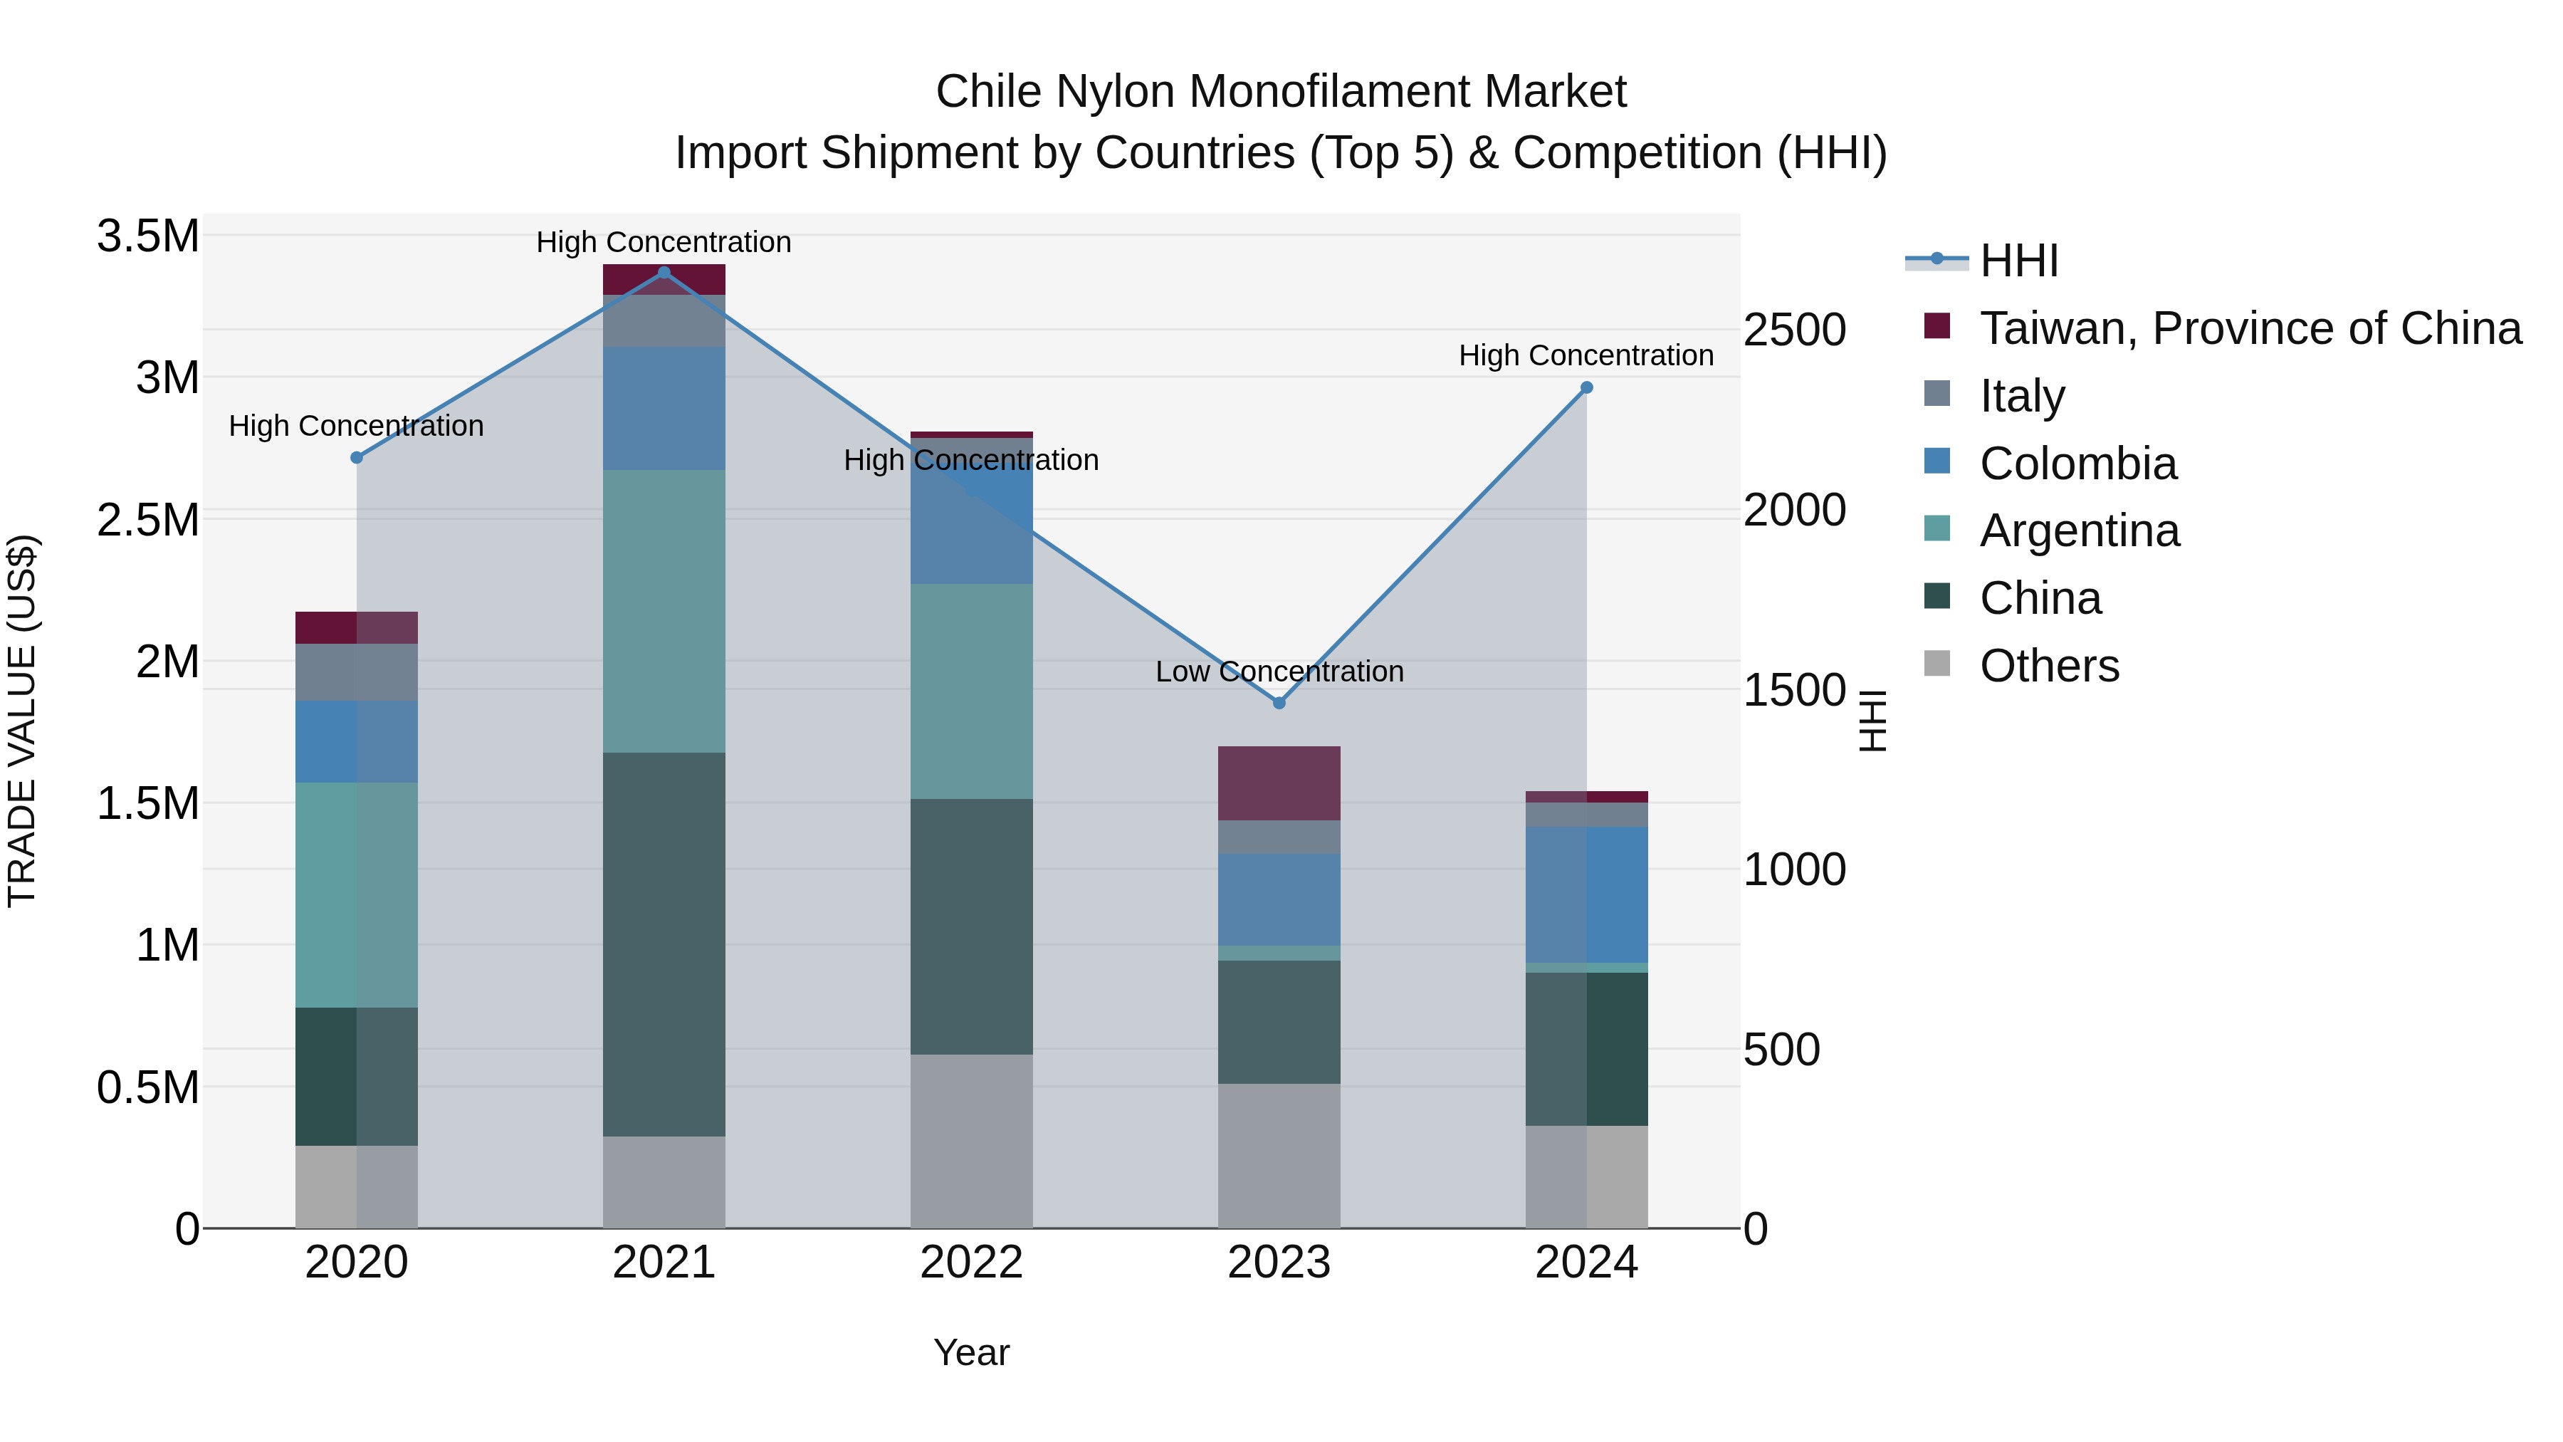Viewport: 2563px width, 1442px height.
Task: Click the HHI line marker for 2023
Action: (1279, 703)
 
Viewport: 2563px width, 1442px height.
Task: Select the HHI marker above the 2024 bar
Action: (1587, 388)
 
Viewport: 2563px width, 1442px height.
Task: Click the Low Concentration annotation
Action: (1279, 672)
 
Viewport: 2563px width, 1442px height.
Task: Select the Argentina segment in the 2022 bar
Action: (972, 691)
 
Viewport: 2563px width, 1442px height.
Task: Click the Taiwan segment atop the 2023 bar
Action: (1279, 783)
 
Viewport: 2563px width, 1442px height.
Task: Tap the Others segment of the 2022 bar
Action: (972, 1141)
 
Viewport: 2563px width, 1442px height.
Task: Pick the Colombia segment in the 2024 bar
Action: (1587, 894)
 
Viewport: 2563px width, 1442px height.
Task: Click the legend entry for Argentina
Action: (2080, 531)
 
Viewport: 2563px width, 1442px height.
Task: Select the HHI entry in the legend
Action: (2019, 261)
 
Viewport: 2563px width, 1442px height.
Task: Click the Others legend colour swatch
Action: (1937, 664)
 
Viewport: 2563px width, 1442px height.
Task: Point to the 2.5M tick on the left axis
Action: (147, 521)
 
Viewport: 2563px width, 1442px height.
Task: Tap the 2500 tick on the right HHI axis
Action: (1795, 330)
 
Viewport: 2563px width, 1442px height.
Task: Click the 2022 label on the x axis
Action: (972, 1263)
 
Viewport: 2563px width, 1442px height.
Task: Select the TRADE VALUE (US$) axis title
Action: (22, 721)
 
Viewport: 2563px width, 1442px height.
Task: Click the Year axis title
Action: (972, 1352)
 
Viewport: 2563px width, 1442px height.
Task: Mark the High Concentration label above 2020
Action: (356, 426)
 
